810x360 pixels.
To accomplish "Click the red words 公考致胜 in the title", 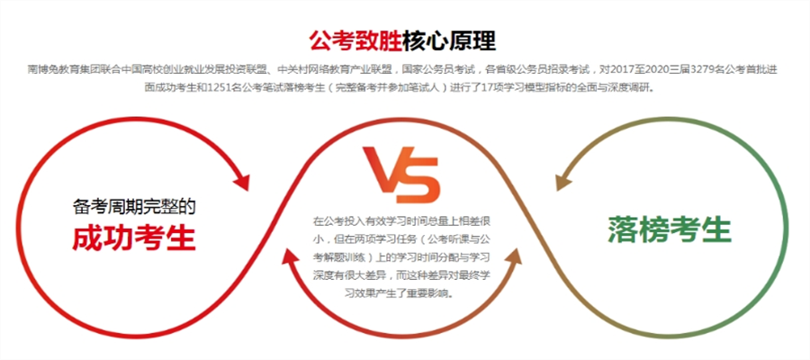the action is [355, 40].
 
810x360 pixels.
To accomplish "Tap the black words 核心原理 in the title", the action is [449, 40].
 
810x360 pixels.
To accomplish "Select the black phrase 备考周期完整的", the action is [134, 207].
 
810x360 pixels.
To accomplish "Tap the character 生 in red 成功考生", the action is [180, 237].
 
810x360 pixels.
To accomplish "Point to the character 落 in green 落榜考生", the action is [623, 229].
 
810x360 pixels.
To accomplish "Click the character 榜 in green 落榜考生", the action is [654, 229].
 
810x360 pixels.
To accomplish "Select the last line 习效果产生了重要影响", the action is [401, 293].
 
